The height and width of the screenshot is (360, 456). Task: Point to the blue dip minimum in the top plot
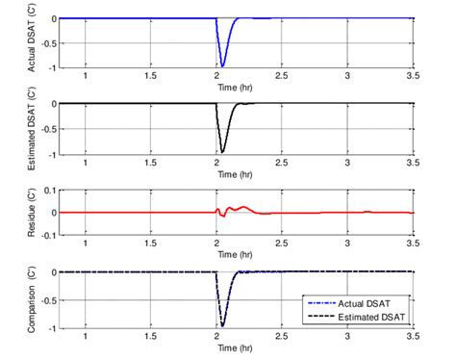222,65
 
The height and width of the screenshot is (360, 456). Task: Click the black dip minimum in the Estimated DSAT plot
222,151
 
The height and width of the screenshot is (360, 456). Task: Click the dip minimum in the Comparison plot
222,324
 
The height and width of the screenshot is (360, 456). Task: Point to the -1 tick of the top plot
52,66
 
